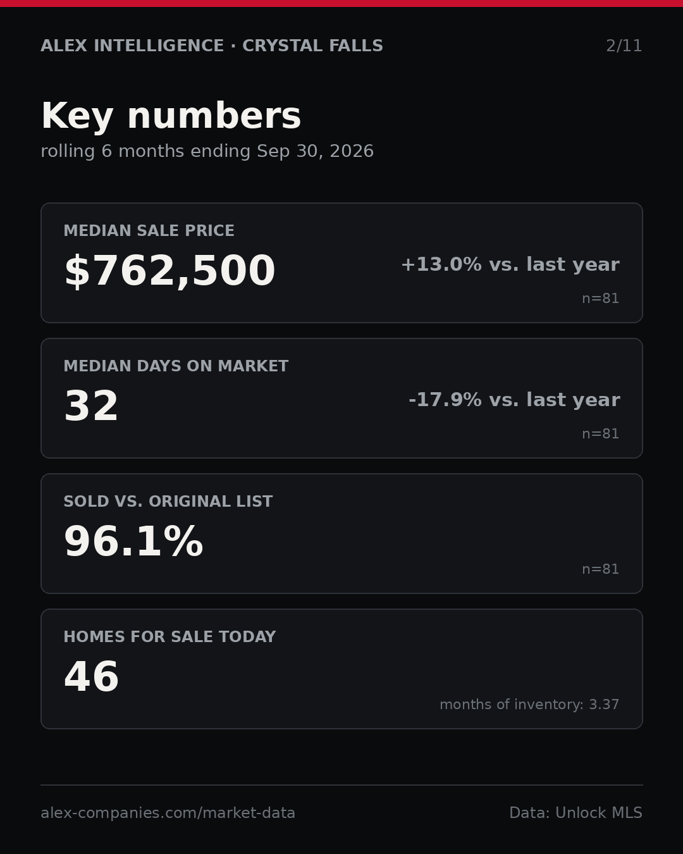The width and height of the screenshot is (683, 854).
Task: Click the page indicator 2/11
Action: [624, 46]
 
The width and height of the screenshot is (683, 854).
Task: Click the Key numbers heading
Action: [171, 116]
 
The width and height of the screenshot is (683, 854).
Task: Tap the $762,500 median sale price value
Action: [170, 271]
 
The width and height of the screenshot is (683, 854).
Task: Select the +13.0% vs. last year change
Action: [510, 264]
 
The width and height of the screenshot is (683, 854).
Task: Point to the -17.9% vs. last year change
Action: [514, 400]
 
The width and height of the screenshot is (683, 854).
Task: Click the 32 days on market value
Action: [91, 405]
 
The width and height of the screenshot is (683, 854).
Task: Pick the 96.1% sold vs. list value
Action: [133, 541]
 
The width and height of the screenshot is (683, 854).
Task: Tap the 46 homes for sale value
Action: [91, 676]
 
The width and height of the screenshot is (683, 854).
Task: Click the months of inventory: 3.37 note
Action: [529, 704]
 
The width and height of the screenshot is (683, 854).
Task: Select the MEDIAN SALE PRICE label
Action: [149, 230]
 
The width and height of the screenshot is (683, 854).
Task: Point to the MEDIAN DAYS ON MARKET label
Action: [176, 366]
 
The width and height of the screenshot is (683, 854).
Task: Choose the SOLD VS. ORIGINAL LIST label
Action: [168, 501]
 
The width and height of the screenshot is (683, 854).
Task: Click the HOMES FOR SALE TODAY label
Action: [169, 636]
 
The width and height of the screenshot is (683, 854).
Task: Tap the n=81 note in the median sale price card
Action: [600, 299]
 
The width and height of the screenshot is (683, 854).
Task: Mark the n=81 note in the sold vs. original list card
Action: [600, 569]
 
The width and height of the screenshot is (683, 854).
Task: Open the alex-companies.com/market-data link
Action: [168, 813]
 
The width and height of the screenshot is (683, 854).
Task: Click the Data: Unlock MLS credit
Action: [575, 813]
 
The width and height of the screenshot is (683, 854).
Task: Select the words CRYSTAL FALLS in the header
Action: [313, 46]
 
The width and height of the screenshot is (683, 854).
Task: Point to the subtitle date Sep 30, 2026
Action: [315, 151]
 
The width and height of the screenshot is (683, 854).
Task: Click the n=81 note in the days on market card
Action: [600, 434]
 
